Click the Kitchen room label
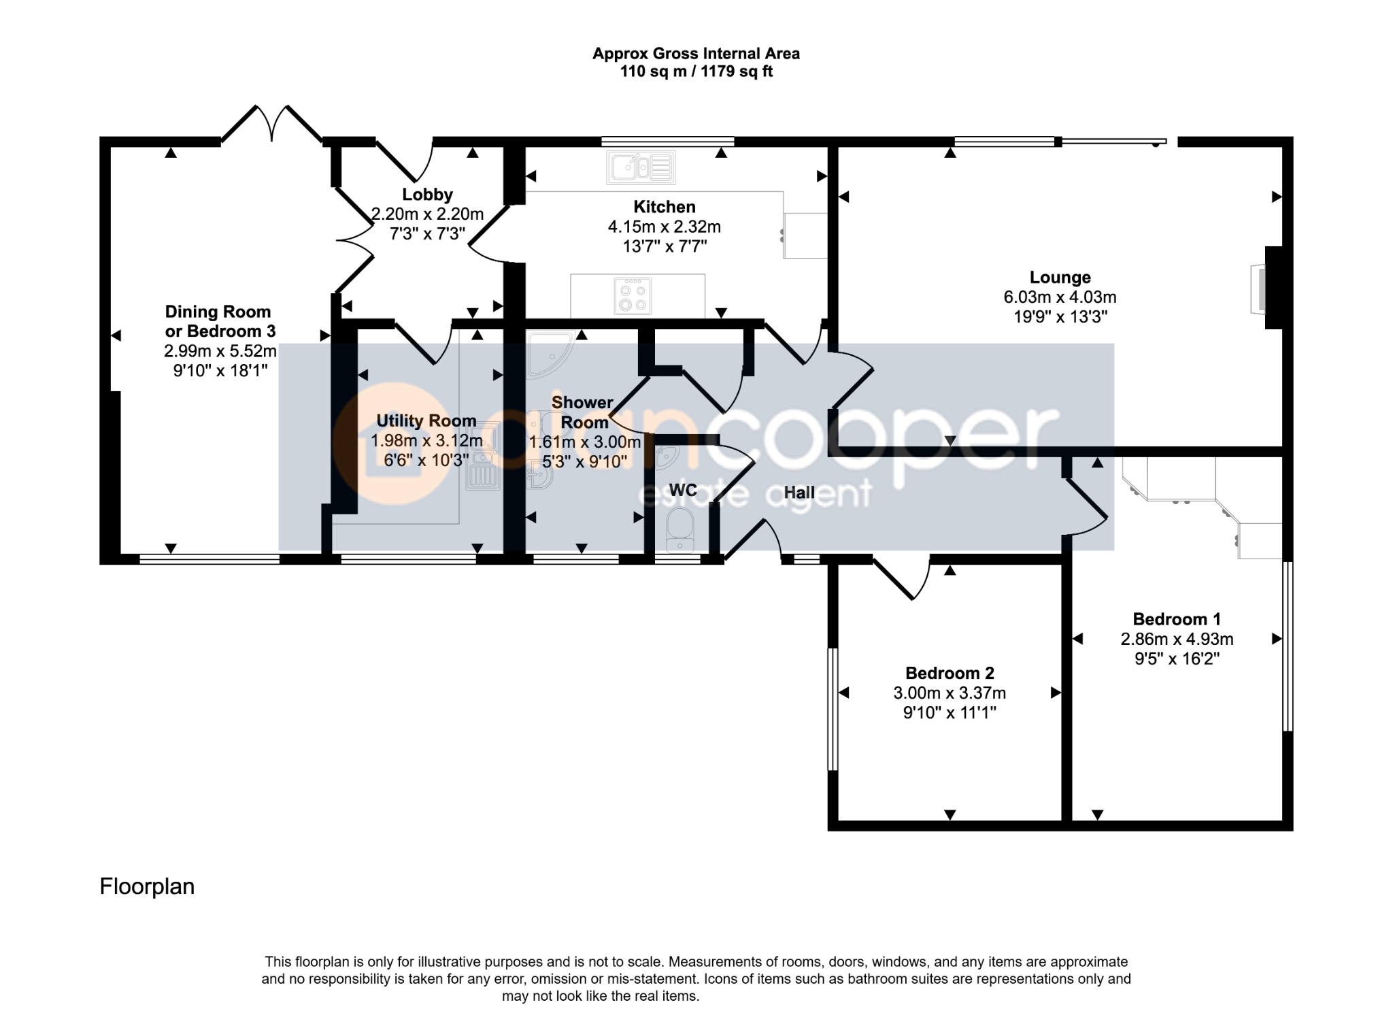(x=665, y=207)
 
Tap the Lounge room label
(x=1060, y=277)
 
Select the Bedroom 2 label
(x=950, y=673)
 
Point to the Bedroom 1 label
(x=1177, y=619)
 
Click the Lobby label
(x=427, y=195)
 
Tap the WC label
(x=683, y=490)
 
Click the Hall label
(x=799, y=492)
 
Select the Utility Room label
(x=426, y=420)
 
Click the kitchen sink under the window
(x=641, y=167)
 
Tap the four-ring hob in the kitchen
(x=633, y=297)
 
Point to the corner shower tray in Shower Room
(x=550, y=354)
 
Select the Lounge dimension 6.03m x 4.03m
(x=1060, y=297)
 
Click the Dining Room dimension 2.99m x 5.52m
(x=220, y=351)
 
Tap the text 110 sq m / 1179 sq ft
(x=696, y=71)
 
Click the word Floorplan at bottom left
(x=147, y=887)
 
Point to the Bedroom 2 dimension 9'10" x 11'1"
(x=950, y=712)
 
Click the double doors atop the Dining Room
(x=272, y=125)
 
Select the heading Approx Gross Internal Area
(x=696, y=54)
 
